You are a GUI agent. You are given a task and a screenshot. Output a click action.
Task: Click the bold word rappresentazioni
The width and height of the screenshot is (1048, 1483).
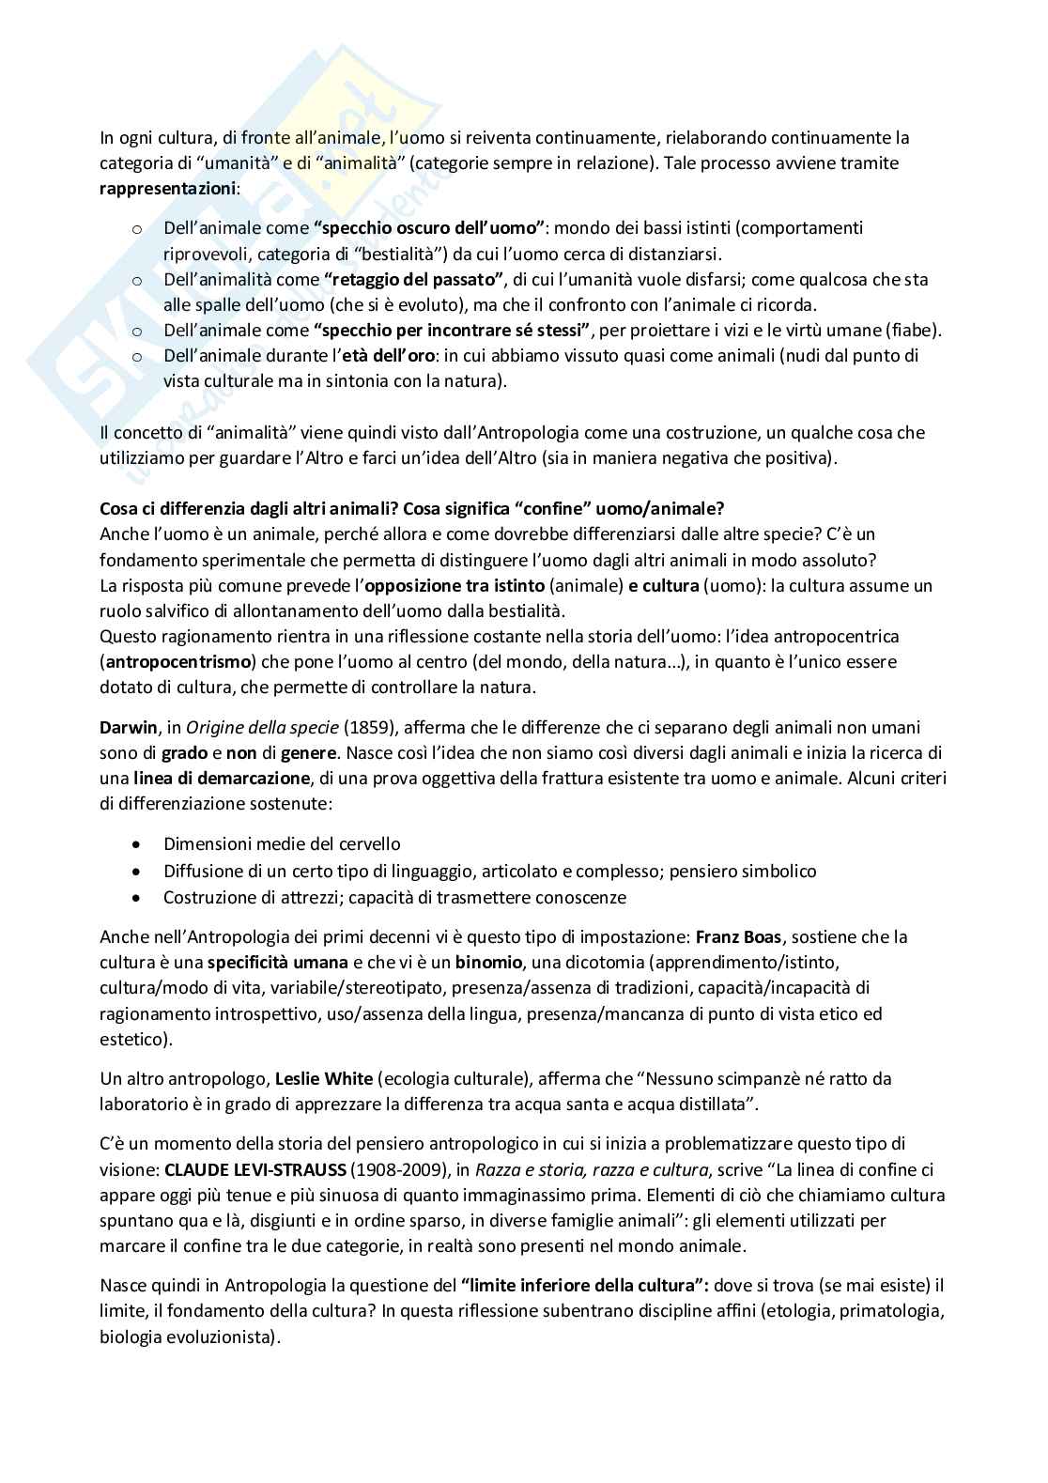pos(168,189)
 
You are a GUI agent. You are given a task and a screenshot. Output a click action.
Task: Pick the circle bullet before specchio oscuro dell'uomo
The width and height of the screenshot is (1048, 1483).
pos(136,228)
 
